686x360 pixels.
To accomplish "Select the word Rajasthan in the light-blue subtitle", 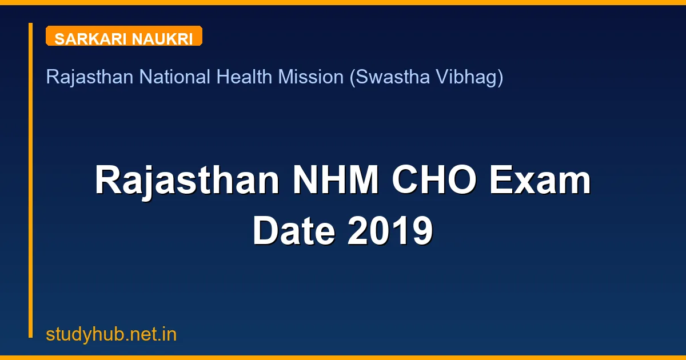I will click(90, 77).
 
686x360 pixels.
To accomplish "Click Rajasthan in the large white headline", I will click(187, 181).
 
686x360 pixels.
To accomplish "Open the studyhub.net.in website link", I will click(111, 334).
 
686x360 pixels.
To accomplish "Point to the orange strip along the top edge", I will click(343, 2).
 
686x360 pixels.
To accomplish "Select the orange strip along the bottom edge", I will click(343, 358).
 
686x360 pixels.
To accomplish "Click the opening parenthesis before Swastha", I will click(352, 77).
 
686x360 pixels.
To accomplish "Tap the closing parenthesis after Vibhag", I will click(500, 77).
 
